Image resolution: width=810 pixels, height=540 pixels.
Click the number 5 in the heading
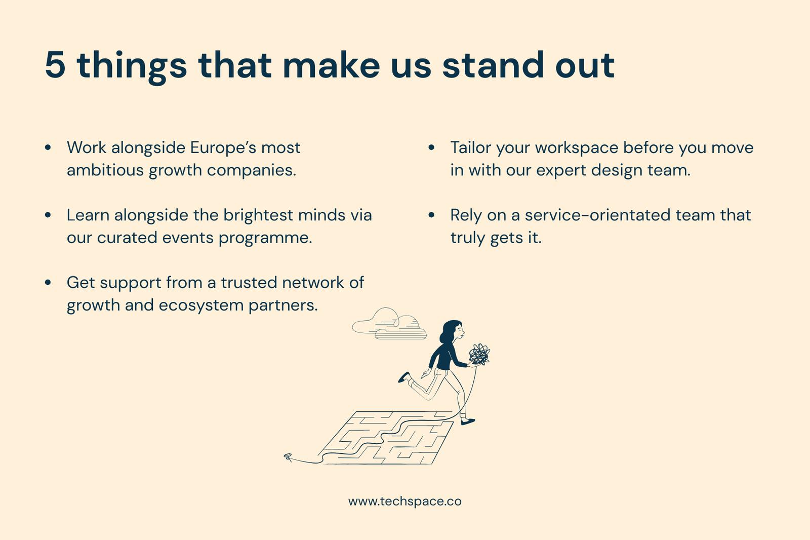pyautogui.click(x=55, y=65)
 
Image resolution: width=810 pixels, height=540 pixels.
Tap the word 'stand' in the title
pyautogui.click(x=493, y=64)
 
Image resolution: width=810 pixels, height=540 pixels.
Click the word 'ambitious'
pyautogui.click(x=105, y=170)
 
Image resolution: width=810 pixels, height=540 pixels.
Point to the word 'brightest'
pyautogui.click(x=258, y=215)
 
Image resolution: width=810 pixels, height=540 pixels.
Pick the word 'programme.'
pyautogui.click(x=265, y=238)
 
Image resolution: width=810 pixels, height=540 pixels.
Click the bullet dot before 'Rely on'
pyautogui.click(x=431, y=215)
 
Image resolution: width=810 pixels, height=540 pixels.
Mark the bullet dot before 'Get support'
pyautogui.click(x=48, y=282)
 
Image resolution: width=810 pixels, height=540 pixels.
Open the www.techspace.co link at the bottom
pyautogui.click(x=404, y=502)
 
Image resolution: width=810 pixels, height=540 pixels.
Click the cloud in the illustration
pyautogui.click(x=389, y=324)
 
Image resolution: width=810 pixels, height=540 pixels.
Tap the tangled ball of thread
pyautogui.click(x=479, y=354)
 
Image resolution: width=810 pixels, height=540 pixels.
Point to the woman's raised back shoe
pyautogui.click(x=404, y=377)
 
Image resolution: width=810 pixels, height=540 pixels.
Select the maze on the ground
pyautogui.click(x=385, y=438)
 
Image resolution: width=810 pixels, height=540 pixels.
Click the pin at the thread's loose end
pyautogui.click(x=288, y=457)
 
